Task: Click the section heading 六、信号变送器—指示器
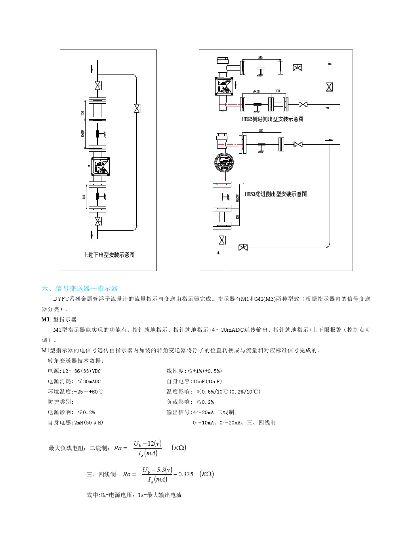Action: (80, 289)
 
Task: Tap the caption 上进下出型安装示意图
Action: (109, 255)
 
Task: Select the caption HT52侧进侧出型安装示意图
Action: (273, 119)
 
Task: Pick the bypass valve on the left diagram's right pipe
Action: (137, 108)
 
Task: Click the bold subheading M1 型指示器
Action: (59, 319)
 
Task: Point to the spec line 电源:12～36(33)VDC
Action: (74, 371)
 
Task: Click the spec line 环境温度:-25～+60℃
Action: (75, 392)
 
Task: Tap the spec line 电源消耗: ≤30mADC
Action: (74, 381)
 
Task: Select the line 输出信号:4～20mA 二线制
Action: (202, 412)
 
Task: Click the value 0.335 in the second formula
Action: (185, 474)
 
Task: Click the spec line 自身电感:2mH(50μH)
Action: (75, 422)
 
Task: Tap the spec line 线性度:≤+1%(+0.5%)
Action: (194, 371)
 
